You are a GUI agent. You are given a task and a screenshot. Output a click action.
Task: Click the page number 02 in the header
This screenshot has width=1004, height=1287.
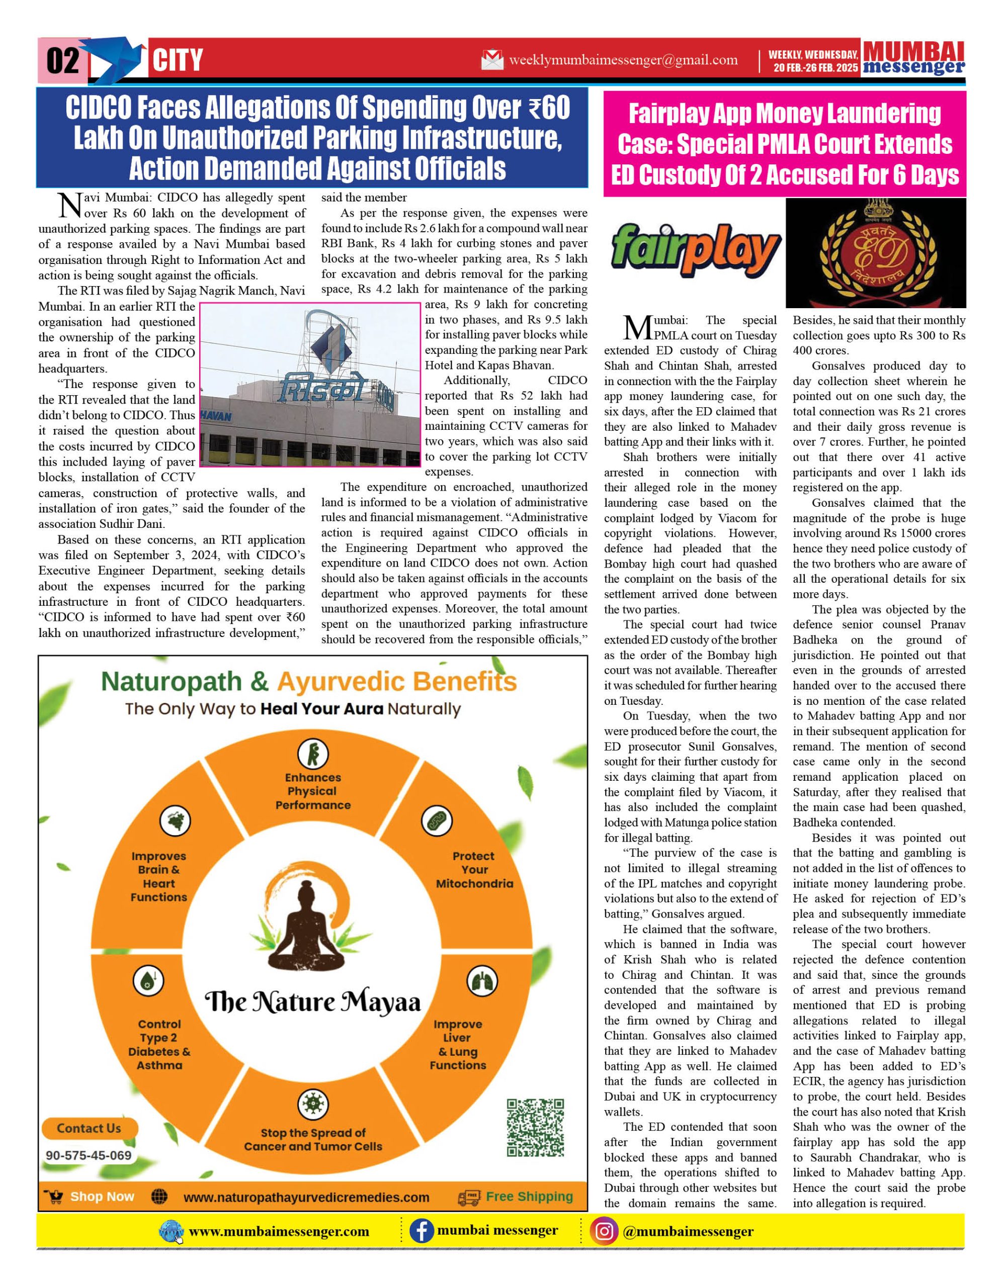[x=62, y=61]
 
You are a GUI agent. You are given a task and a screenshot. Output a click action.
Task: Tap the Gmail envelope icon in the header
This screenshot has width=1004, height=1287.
[x=492, y=59]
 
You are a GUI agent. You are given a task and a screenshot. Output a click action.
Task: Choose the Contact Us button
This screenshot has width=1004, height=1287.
[x=89, y=1128]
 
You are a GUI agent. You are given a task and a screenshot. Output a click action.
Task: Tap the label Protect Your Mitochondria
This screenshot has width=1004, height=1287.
[x=474, y=870]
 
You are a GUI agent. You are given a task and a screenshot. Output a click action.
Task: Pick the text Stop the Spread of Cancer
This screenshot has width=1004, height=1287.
[x=313, y=1139]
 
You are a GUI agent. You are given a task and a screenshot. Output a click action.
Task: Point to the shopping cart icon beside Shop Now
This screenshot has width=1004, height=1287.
[x=54, y=1197]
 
